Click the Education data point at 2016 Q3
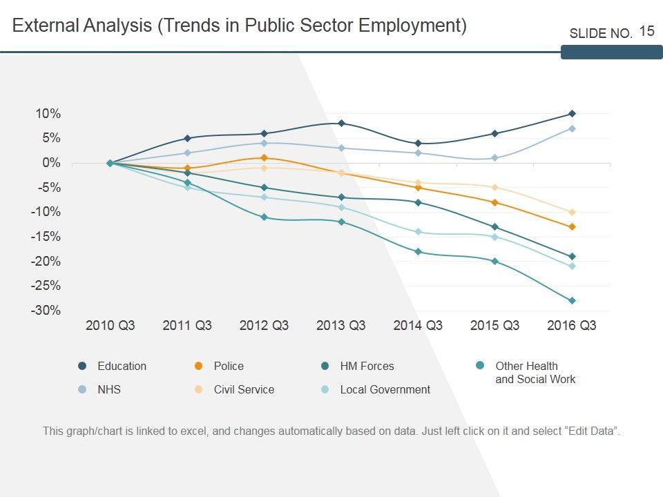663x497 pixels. click(x=572, y=114)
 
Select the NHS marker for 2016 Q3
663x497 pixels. click(x=572, y=128)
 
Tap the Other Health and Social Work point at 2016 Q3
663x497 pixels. click(x=572, y=301)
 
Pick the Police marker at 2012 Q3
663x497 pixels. click(x=264, y=158)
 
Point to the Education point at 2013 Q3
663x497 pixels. click(x=341, y=124)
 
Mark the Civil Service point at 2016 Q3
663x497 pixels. click(x=572, y=212)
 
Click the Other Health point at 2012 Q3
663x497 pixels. click(x=264, y=217)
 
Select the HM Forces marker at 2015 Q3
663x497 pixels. click(x=494, y=227)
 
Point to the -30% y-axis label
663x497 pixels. click(x=46, y=311)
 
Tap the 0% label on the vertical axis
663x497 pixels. click(x=51, y=163)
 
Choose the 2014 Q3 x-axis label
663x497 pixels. click(x=418, y=326)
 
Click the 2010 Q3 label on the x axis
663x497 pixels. click(x=110, y=326)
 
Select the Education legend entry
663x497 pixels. click(x=122, y=367)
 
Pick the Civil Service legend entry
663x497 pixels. click(x=244, y=390)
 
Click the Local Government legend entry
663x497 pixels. click(x=385, y=390)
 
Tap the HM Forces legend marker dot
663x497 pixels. click(x=325, y=366)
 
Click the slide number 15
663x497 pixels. click(x=646, y=31)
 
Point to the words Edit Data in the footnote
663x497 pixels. click(x=592, y=431)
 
